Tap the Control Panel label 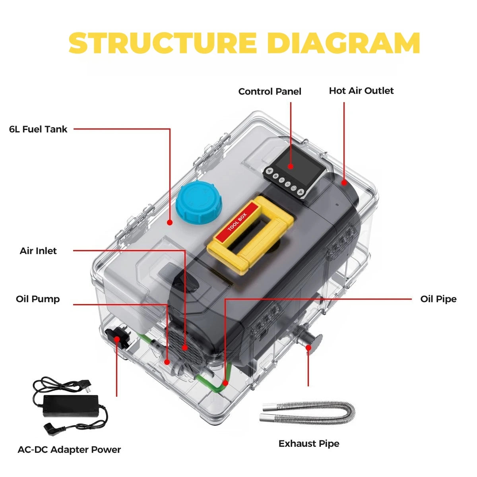pos(270,91)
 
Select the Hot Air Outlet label pos(361,91)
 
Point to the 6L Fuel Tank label pos(38,129)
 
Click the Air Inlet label pos(38,251)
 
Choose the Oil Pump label pos(38,299)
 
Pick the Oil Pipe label pos(438,299)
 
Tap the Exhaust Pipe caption pos(309,444)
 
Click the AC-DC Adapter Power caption pos(69,450)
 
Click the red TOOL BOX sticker pos(237,222)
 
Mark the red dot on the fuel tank pos(170,223)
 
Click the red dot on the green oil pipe pos(225,383)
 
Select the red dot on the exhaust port pos(308,347)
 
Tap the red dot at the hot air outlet pos(344,183)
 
